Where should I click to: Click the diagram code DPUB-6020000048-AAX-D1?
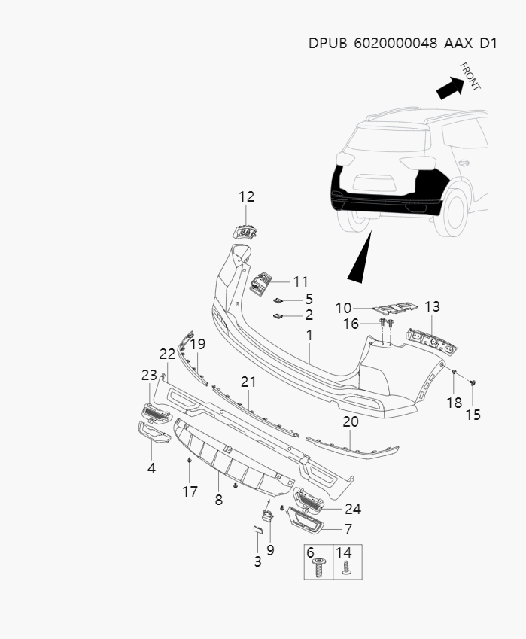403,43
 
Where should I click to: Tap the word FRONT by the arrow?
470,76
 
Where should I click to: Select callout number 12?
246,197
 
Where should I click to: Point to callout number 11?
300,282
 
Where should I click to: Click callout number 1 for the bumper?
309,333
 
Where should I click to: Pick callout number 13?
432,307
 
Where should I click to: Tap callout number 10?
343,308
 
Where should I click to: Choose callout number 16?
351,324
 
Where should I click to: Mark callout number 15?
473,415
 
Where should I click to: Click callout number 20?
351,422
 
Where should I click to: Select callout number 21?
248,382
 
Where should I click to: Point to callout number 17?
190,491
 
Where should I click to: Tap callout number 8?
218,499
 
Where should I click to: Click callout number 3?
257,561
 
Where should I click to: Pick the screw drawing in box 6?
318,568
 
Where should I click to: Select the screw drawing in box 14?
347,568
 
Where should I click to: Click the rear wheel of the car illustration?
455,211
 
